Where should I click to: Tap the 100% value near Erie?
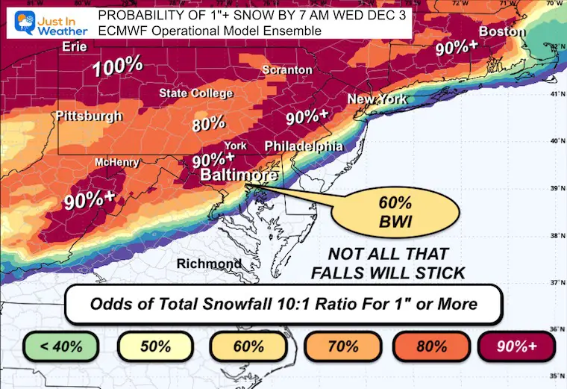click(117, 66)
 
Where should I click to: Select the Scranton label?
click(286, 69)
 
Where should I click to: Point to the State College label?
click(196, 93)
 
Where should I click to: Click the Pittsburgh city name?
click(88, 116)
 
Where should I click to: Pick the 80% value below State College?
click(208, 123)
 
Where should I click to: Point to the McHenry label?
click(113, 162)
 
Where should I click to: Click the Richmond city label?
click(208, 264)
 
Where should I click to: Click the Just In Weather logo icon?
click(16, 20)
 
